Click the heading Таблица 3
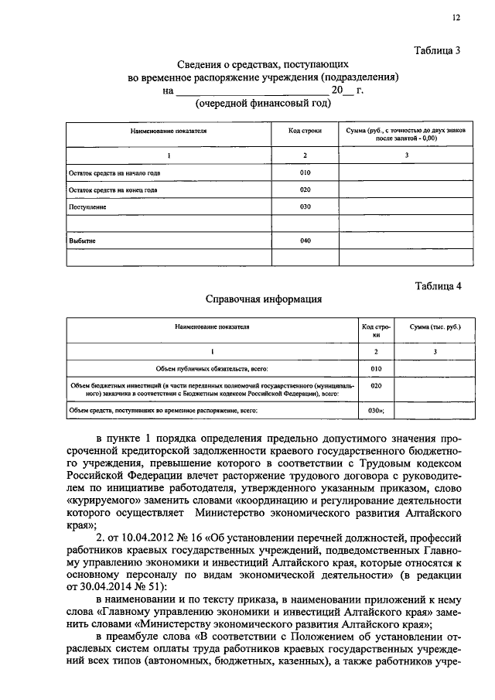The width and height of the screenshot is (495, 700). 437,51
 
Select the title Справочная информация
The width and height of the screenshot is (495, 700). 263,298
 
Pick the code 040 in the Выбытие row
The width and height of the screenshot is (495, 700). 305,241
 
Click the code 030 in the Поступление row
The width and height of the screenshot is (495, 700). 305,207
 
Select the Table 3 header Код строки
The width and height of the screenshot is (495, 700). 305,132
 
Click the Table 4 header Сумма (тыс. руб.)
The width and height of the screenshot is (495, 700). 435,327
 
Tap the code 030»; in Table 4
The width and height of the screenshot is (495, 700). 377,410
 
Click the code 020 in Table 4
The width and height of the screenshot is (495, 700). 377,384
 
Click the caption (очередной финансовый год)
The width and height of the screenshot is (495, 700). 263,103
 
